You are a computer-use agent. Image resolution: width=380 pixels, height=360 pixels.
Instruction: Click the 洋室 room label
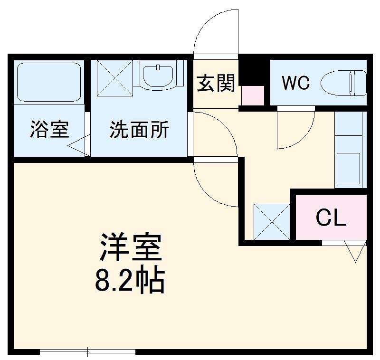(x=131, y=247)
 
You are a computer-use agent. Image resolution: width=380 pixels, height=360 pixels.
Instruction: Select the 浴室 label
(x=49, y=130)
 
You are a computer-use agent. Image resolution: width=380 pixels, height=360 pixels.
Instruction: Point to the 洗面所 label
(x=139, y=130)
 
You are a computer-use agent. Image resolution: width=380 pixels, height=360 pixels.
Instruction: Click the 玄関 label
(x=216, y=84)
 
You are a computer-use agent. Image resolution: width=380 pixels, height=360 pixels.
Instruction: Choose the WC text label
(x=295, y=83)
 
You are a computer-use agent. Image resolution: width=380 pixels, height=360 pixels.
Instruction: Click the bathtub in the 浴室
(x=49, y=82)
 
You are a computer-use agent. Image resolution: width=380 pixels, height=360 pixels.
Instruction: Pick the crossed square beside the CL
(x=272, y=221)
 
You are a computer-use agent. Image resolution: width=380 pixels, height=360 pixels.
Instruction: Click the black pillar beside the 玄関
(x=252, y=71)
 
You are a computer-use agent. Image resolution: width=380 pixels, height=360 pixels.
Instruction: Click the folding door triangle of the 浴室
(x=78, y=146)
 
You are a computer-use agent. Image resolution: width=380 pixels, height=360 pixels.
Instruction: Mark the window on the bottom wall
(x=88, y=352)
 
